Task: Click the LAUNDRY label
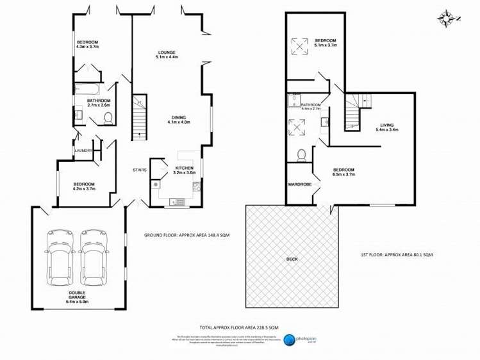[x=83, y=151]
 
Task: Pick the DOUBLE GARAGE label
[x=76, y=298]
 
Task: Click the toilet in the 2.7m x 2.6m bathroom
[x=108, y=118]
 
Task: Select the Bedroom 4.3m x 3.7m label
[x=88, y=44]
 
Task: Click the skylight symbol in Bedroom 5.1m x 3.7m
[x=299, y=44]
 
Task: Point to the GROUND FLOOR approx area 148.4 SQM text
[x=187, y=235]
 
